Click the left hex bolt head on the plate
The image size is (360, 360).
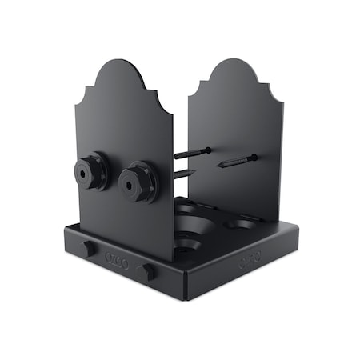(93, 171)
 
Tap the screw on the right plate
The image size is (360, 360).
(236, 162)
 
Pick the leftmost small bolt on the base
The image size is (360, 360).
(86, 248)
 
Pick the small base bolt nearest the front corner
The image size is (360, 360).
(148, 271)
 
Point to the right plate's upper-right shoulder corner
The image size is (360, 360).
(282, 102)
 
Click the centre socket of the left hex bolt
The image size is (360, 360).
(86, 170)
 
